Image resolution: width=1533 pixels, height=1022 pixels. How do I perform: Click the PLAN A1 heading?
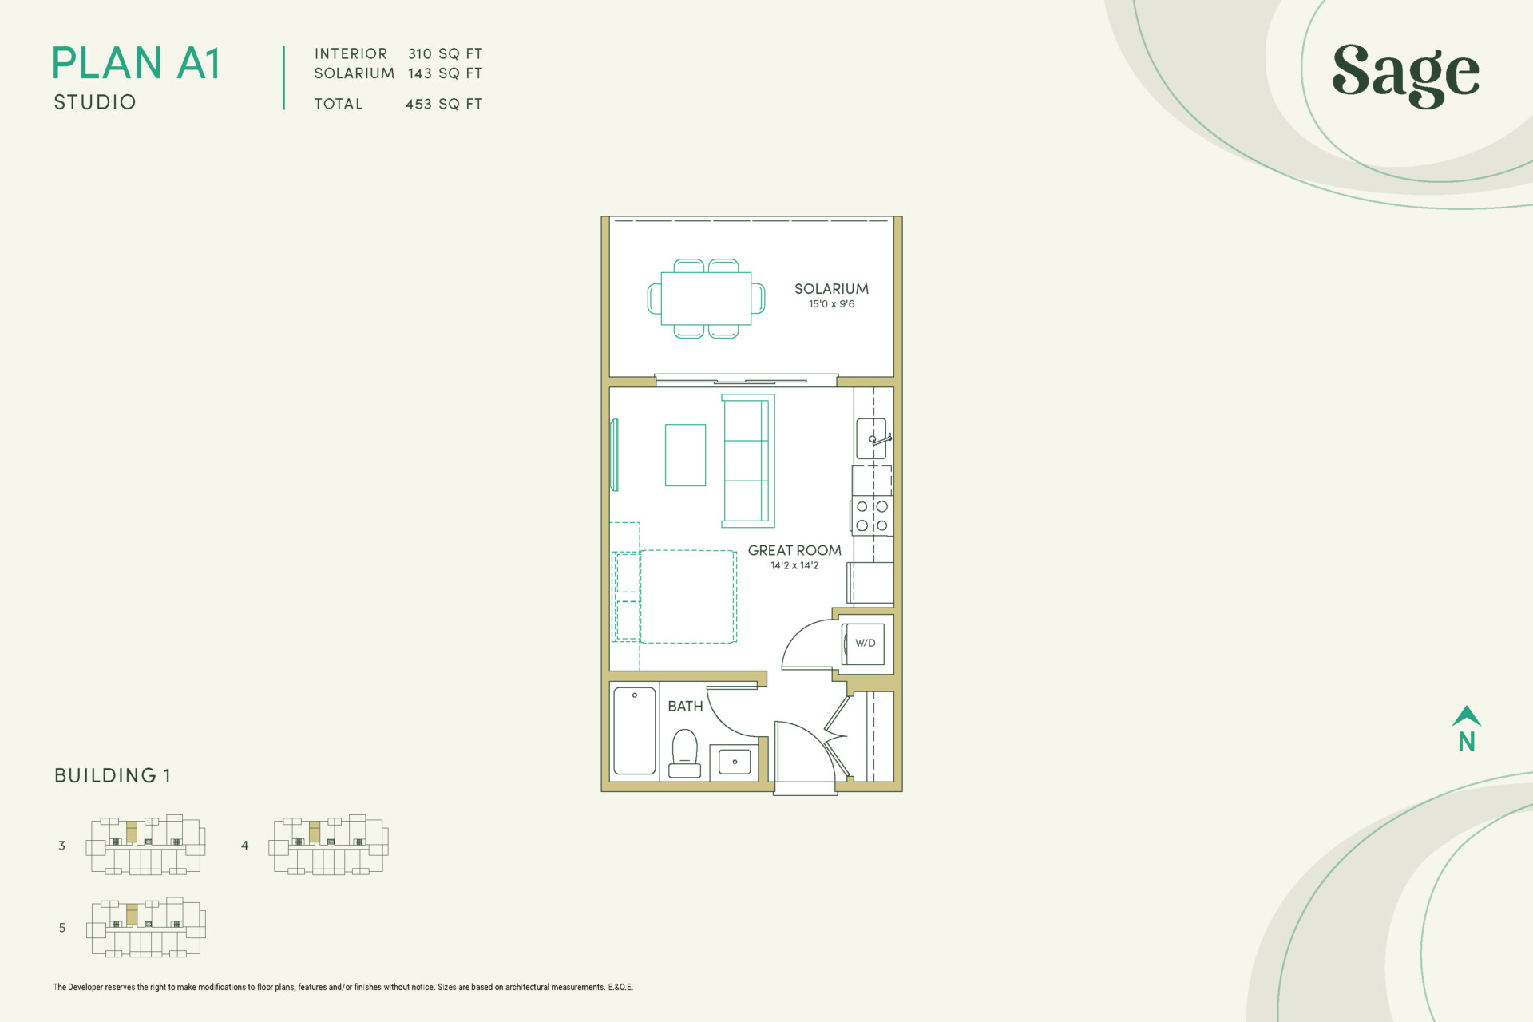coord(136,64)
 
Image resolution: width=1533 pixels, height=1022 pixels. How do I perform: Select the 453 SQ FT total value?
coord(444,104)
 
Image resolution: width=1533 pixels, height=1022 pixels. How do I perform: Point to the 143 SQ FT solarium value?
coord(445,73)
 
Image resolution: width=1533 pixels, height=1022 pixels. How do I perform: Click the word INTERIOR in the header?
coord(351,53)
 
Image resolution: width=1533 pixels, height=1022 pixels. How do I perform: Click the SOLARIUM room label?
coord(831,289)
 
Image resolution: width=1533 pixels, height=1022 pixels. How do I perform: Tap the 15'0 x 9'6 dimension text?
coord(831,304)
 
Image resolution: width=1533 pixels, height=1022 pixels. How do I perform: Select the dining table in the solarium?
coord(706,299)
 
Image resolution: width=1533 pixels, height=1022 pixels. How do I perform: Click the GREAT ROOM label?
coord(794,550)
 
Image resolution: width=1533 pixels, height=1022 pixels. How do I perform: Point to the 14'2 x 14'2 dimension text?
coord(794,565)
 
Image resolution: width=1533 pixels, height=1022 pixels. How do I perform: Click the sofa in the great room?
coord(747,461)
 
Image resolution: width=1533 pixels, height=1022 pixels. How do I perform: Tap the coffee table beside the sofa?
coord(685,455)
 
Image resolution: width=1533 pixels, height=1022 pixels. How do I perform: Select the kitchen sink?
coord(871,438)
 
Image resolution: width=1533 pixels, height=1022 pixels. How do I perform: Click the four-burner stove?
coord(872,516)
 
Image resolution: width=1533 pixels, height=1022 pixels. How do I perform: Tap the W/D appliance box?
coord(865,644)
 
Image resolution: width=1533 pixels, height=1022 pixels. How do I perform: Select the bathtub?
coord(635,731)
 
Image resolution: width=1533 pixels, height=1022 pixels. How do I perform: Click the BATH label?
coord(685,707)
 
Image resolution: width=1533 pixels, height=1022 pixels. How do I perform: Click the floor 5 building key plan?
coord(146,928)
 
